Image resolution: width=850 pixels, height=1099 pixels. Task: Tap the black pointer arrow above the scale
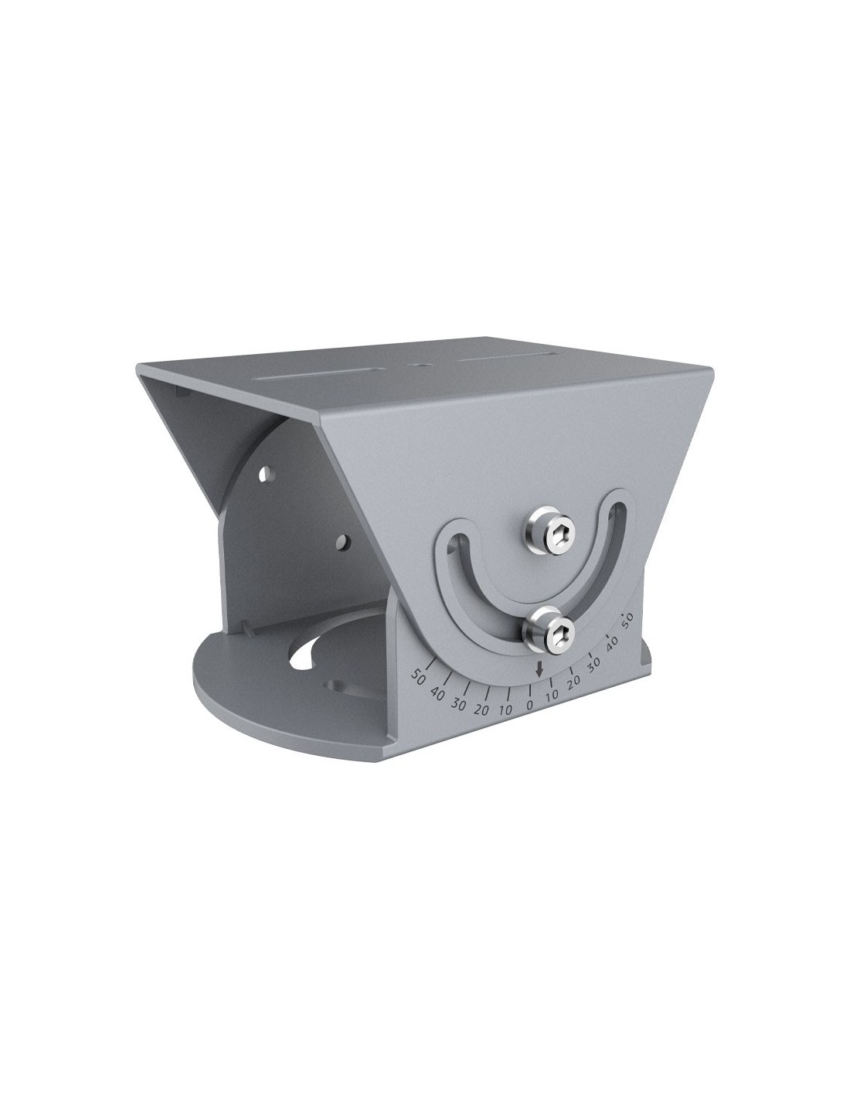pos(539,669)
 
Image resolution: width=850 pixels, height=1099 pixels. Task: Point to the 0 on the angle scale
pos(529,705)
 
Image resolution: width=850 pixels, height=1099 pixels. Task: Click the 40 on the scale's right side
pos(612,642)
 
